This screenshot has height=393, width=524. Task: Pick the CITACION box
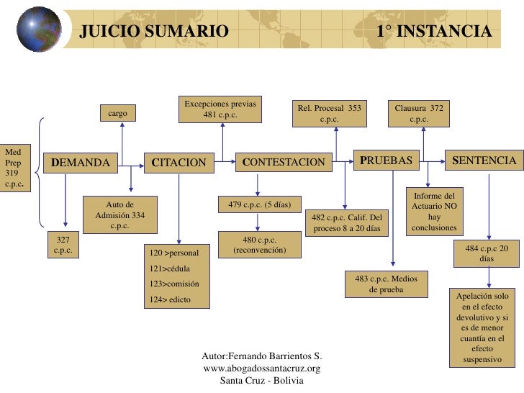[179, 162]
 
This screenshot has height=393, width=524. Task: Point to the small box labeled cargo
[118, 114]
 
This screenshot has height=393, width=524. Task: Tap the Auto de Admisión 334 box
[120, 214]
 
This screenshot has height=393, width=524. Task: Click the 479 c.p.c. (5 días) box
[259, 204]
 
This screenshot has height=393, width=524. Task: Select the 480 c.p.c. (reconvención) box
[260, 245]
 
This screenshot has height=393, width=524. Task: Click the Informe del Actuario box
[434, 211]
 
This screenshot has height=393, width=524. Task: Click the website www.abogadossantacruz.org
[262, 368]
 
